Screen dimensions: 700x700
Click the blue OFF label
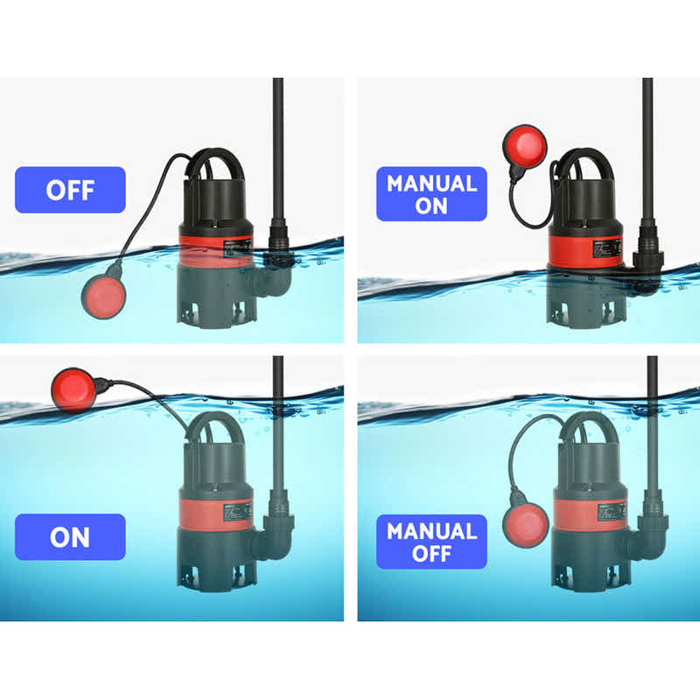tap(70, 190)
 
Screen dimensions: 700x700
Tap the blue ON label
tap(70, 536)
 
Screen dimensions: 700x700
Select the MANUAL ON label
tap(431, 194)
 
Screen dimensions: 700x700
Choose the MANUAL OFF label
tap(431, 542)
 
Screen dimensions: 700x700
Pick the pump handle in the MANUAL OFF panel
tap(585, 427)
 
